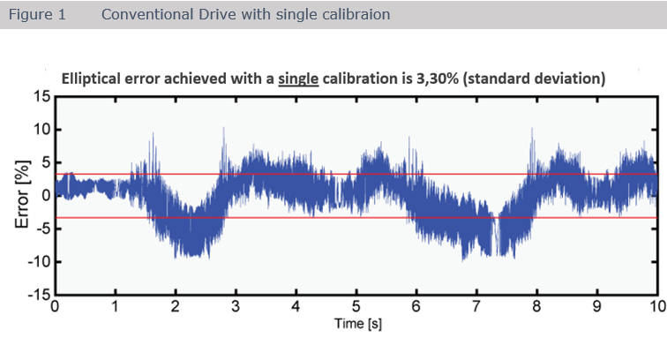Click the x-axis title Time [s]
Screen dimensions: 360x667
[355, 324]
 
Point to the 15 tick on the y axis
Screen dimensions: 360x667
[41, 95]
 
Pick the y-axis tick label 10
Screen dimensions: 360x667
[41, 129]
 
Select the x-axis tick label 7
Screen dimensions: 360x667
[476, 308]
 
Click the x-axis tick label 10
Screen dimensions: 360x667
[654, 308]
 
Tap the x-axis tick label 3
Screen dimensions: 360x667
[235, 308]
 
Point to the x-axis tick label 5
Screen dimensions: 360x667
[356, 308]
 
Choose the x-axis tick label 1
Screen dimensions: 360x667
[115, 308]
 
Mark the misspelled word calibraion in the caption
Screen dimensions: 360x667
[357, 15]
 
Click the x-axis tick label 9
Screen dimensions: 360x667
[596, 308]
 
